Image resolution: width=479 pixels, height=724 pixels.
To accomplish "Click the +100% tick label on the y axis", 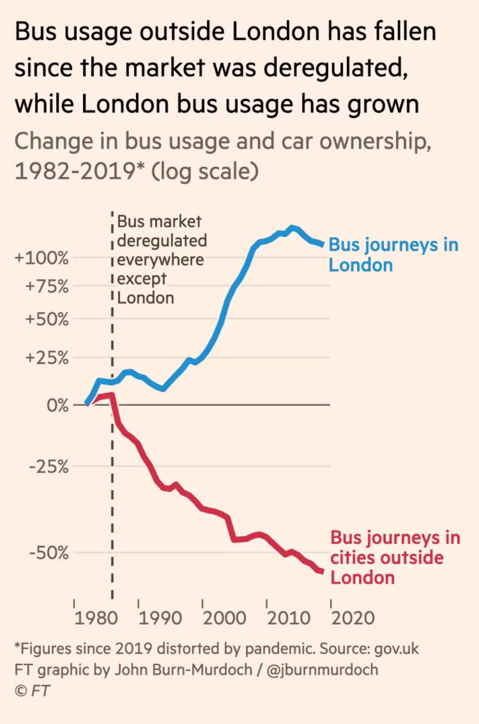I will pyautogui.click(x=42, y=259).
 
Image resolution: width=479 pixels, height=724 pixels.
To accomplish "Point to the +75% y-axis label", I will pyautogui.click(x=46, y=286).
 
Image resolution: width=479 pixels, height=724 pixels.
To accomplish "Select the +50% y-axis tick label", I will pyautogui.click(x=46, y=319).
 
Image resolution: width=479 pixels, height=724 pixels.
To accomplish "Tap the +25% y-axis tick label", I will pyautogui.click(x=46, y=357).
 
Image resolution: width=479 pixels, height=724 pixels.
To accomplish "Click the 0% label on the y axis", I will pyautogui.click(x=54, y=406).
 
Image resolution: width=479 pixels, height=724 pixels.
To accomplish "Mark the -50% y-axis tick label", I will pyautogui.click(x=49, y=552).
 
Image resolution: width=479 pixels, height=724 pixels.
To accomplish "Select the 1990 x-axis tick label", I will pyautogui.click(x=158, y=619).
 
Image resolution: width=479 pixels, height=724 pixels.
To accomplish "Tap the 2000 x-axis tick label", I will pyautogui.click(x=224, y=619).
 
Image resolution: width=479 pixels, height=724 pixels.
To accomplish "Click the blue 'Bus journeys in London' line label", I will pyautogui.click(x=393, y=254).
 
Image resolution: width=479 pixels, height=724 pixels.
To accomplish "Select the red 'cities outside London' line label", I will pyautogui.click(x=395, y=557).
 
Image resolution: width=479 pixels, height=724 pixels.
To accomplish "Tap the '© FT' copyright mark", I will pyautogui.click(x=33, y=691).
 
